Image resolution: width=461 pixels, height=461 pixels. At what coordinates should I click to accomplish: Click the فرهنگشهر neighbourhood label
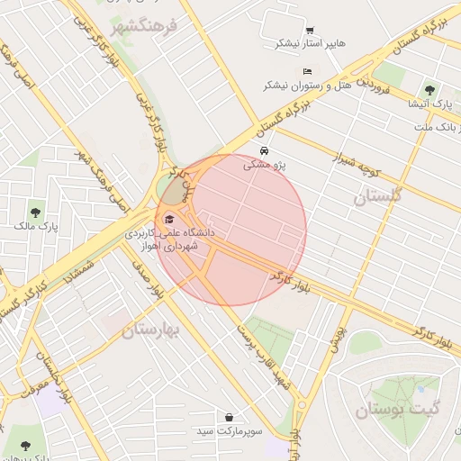click(145, 28)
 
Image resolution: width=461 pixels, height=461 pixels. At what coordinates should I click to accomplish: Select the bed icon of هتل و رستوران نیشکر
click(308, 70)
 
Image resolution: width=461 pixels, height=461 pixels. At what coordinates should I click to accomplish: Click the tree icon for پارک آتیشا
click(430, 89)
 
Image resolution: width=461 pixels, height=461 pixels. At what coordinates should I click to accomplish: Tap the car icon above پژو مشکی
click(264, 150)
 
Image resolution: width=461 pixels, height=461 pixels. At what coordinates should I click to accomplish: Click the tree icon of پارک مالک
click(35, 212)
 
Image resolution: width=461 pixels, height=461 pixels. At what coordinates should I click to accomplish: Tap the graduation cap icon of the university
click(169, 219)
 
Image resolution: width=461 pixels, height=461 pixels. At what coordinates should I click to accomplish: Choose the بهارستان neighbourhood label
click(152, 330)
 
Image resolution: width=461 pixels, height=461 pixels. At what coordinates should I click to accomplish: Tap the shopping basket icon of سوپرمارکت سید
click(230, 418)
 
